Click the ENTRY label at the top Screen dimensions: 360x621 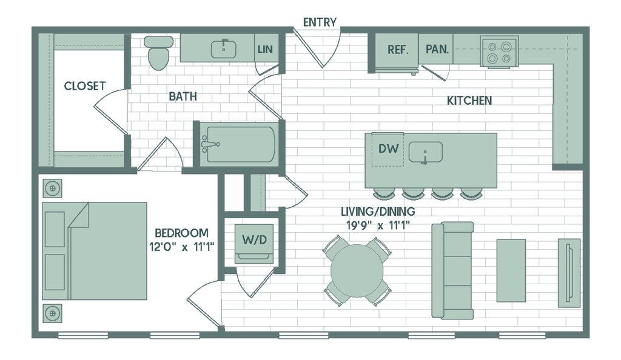tap(320, 22)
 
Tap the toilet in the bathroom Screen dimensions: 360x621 tap(158, 53)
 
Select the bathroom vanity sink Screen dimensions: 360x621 tap(224, 48)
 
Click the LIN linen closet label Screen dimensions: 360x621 tap(265, 49)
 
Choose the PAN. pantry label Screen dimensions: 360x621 tap(437, 50)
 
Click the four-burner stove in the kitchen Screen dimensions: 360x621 tap(498, 52)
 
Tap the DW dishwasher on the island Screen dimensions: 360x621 tap(388, 148)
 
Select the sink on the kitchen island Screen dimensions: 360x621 tap(425, 152)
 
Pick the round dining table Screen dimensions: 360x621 tap(358, 270)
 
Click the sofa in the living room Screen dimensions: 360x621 tap(453, 270)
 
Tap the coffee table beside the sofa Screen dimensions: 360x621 tap(511, 270)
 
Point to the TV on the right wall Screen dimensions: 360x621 tap(569, 270)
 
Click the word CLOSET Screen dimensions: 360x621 tap(84, 86)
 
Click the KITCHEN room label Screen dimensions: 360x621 tap(469, 101)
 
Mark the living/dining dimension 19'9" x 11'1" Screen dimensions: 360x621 tap(377, 225)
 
